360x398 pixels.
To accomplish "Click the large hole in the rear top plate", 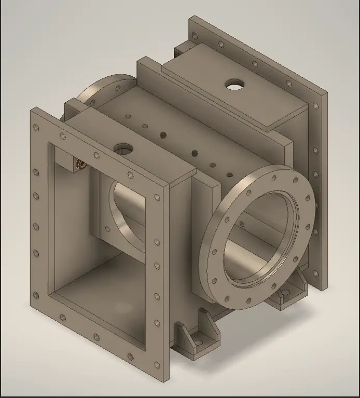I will click(234, 84).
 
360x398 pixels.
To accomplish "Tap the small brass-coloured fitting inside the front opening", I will click(81, 165).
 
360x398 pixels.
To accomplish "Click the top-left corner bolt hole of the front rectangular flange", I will click(36, 128).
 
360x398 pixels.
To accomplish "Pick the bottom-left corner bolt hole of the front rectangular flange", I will click(36, 296).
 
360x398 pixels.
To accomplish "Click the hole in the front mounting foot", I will click(198, 342).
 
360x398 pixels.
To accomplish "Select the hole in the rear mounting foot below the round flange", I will click(284, 293).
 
